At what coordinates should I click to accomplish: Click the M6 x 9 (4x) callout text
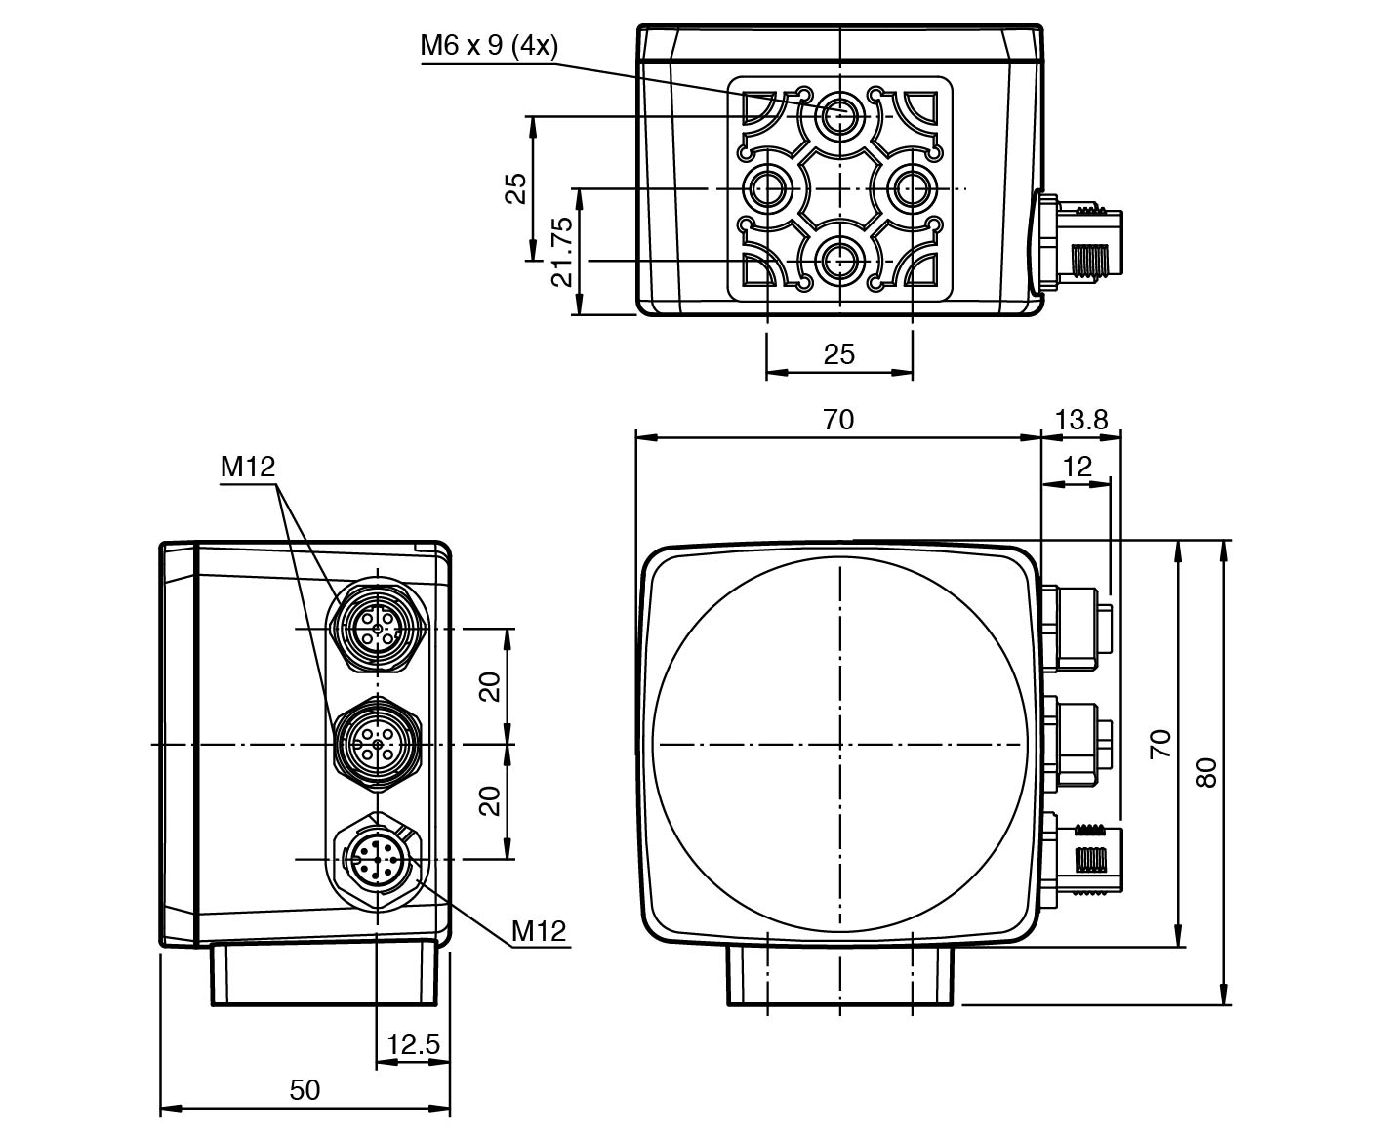point(489,45)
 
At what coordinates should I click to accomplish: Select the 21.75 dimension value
point(562,252)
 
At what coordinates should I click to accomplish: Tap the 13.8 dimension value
point(1081,420)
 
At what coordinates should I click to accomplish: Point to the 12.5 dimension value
point(413,1045)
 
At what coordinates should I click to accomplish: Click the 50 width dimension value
point(305,1089)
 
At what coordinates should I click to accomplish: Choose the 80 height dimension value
point(1207,773)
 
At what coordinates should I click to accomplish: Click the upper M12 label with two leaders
point(248,468)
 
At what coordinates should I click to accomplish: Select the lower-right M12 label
point(539,931)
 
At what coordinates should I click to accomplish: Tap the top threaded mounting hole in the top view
point(839,117)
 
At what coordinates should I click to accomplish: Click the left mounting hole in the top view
point(767,188)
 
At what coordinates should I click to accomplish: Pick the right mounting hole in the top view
point(912,188)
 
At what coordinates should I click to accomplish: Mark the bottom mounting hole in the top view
point(839,261)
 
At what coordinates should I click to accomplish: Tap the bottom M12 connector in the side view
point(376,859)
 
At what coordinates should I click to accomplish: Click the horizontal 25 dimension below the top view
point(838,354)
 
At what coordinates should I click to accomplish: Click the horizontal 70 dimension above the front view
point(837,420)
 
